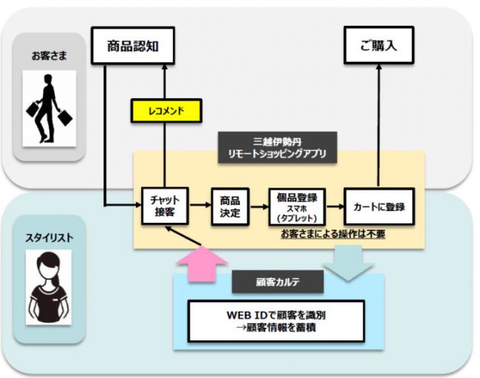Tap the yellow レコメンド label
coord(167,111)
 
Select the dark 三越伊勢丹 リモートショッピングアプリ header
coord(278,148)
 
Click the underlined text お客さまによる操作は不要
coord(332,234)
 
